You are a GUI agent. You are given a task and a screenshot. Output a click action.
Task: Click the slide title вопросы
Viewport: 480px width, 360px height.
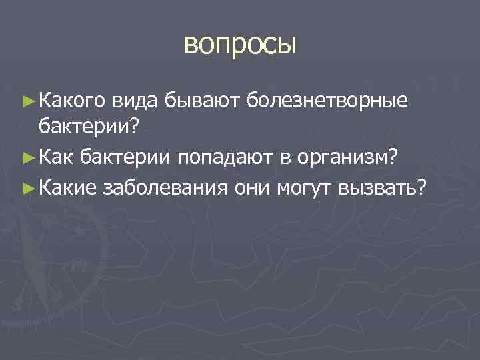[239, 46]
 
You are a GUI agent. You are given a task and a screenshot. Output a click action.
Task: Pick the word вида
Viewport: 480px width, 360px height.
[134, 101]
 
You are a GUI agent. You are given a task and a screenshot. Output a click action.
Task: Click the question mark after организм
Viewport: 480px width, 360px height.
[394, 157]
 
